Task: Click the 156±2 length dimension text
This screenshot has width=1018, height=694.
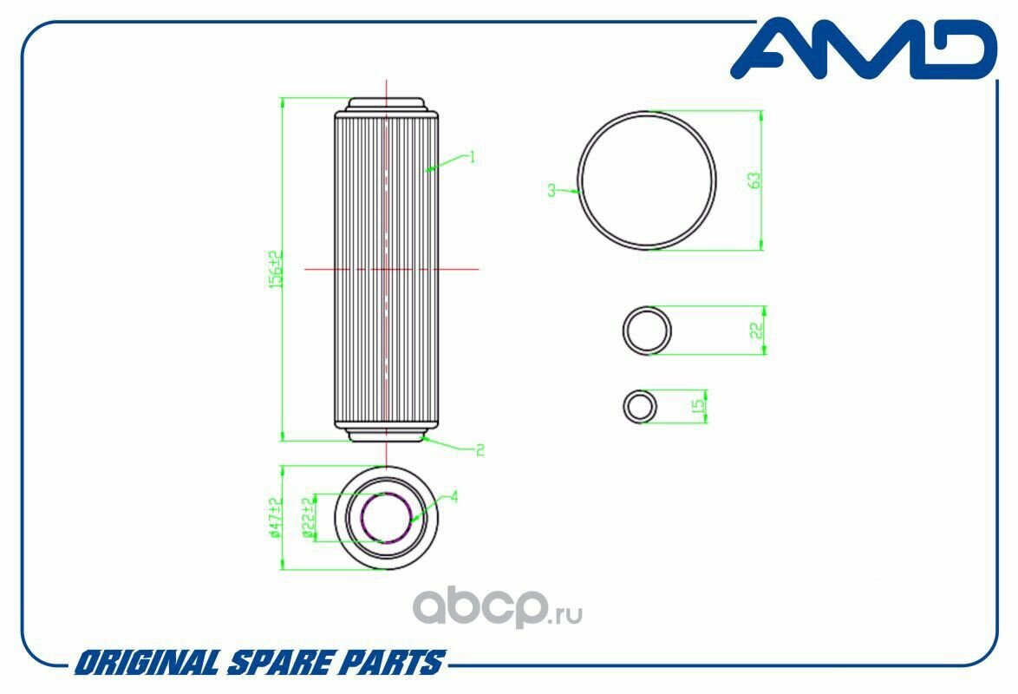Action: click(277, 269)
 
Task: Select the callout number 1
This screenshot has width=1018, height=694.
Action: click(473, 157)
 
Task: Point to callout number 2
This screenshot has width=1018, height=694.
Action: click(480, 449)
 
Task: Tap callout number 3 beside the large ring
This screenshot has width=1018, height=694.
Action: click(551, 190)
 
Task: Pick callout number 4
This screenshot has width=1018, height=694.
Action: click(454, 497)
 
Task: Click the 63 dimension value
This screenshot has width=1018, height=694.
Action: click(754, 180)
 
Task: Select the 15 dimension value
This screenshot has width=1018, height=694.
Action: click(699, 406)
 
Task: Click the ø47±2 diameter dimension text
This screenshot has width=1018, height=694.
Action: click(276, 518)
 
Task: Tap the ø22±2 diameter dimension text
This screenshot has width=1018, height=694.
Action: click(310, 518)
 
